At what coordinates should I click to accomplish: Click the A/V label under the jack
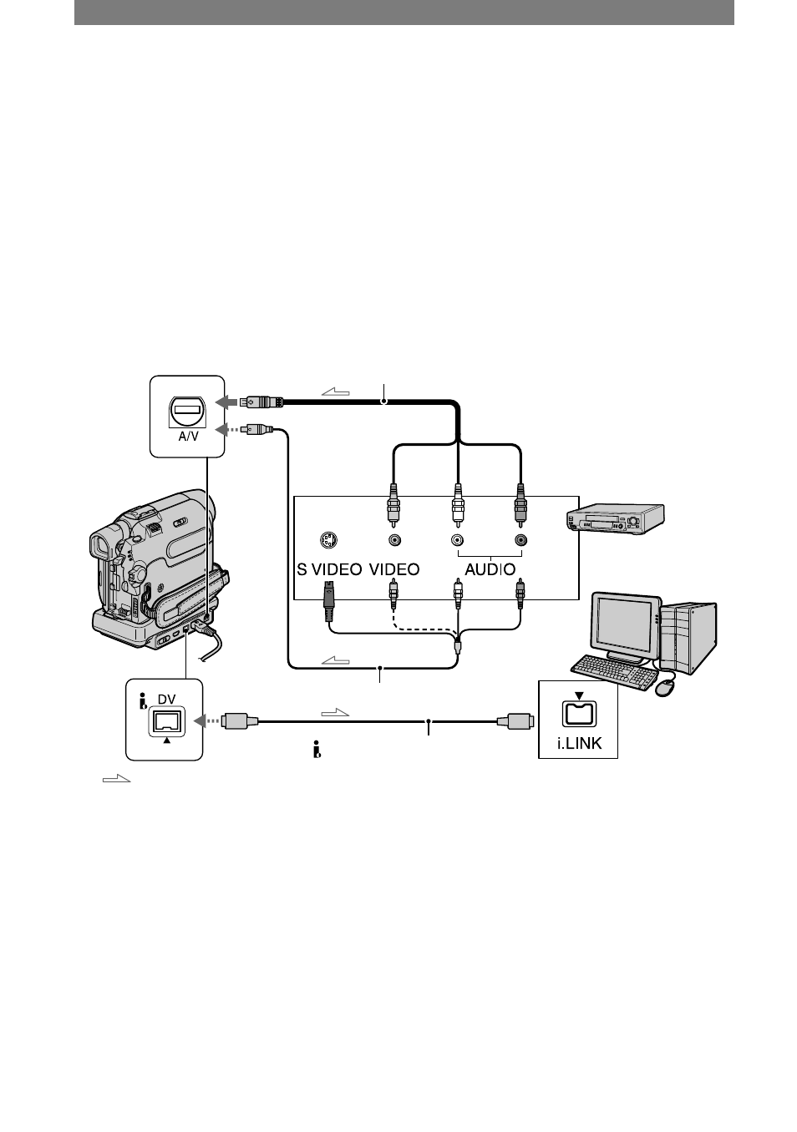188,436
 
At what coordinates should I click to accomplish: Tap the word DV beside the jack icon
166,699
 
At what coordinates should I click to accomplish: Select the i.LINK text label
579,743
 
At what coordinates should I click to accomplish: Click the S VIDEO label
329,569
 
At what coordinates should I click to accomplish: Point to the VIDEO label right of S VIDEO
394,569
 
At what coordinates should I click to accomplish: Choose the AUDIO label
490,569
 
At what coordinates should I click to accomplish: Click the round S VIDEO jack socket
328,540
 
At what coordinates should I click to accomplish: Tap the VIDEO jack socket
394,540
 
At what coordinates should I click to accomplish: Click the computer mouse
665,687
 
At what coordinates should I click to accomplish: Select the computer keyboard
614,671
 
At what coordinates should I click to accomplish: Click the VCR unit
615,518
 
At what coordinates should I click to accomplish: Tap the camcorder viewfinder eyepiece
99,543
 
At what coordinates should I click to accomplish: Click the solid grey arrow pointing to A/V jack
226,402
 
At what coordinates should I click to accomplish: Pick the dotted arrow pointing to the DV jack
207,720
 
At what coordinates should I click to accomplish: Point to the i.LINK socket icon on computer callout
580,714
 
